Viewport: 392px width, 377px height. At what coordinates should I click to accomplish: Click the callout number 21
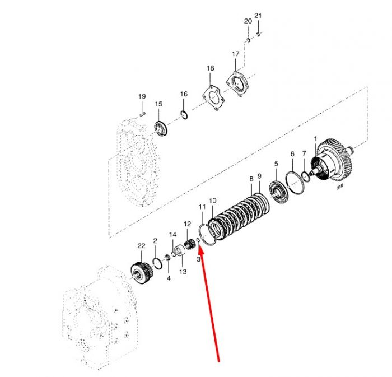coord(258,16)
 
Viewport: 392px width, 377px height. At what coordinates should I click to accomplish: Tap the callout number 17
coord(236,54)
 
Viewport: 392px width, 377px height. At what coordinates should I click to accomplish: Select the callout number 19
coord(142,96)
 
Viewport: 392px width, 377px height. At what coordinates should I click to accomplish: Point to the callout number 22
coord(141,246)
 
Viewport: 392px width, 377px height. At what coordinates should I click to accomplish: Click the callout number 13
coord(183,272)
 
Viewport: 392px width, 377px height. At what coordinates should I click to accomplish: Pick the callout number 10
coord(212,201)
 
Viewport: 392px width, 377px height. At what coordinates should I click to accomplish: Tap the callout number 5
coord(276,164)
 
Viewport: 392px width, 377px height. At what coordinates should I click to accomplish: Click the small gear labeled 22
coord(142,273)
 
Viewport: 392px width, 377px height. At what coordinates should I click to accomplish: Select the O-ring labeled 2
coord(157,263)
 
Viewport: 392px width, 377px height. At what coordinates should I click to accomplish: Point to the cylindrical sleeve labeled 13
coord(180,251)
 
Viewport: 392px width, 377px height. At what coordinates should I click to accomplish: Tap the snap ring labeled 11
coord(208,235)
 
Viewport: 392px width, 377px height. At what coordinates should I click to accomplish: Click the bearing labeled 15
coord(161,128)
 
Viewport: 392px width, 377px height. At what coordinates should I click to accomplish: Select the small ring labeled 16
coord(184,115)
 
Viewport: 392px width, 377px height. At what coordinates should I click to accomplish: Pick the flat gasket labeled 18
coord(213,97)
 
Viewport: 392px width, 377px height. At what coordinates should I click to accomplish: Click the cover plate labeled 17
coord(237,84)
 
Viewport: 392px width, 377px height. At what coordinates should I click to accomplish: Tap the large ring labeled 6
coord(295,182)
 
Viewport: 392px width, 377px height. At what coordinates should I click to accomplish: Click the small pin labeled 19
coord(142,114)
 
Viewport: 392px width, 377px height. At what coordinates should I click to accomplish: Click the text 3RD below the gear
coord(340,186)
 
